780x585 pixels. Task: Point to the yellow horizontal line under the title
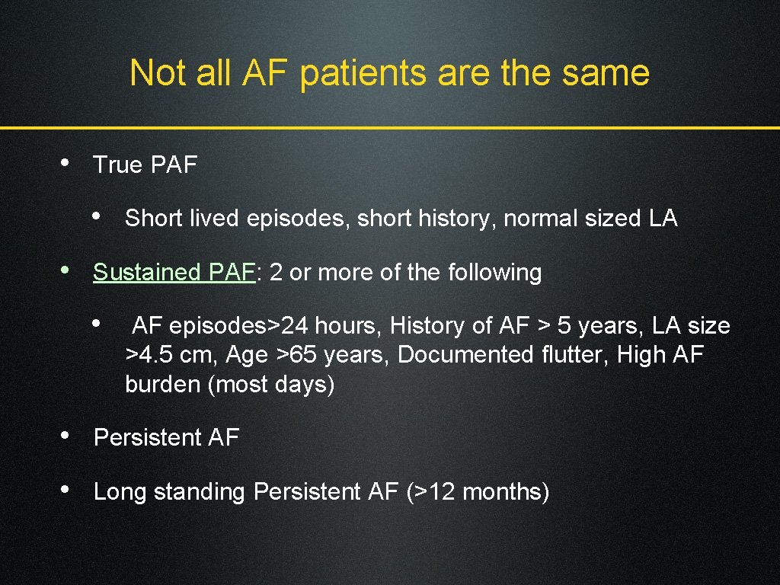[390, 127]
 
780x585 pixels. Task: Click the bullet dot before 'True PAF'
[67, 163]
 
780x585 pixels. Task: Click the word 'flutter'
[574, 356]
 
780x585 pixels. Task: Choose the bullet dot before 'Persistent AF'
[67, 436]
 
